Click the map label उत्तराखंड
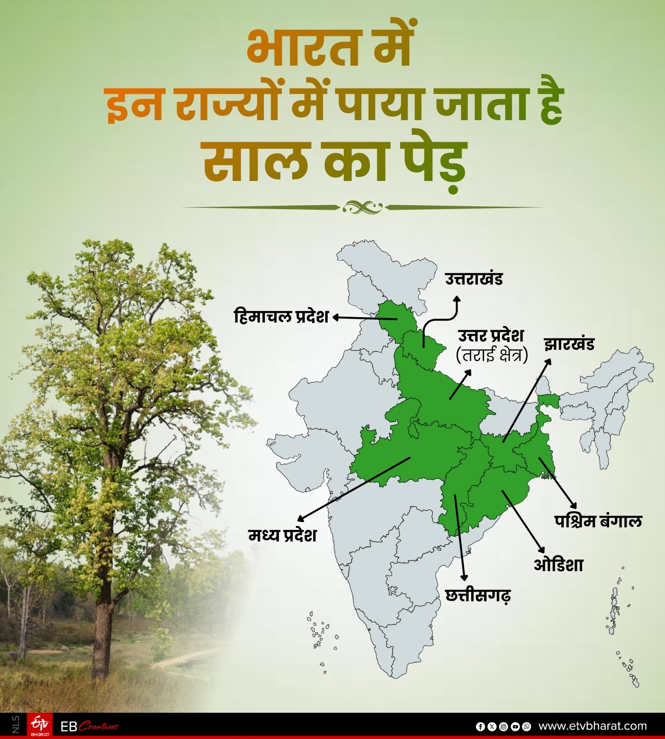[474, 279]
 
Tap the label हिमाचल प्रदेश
[281, 317]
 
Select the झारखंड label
[569, 344]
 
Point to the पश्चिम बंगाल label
[598, 521]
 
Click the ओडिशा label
[558, 565]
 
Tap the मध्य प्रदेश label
[282, 535]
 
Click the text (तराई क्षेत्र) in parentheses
[492, 355]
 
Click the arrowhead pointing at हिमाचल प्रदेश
[336, 318]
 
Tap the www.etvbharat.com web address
[592, 726]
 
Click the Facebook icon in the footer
[480, 727]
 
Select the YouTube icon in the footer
[515, 727]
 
